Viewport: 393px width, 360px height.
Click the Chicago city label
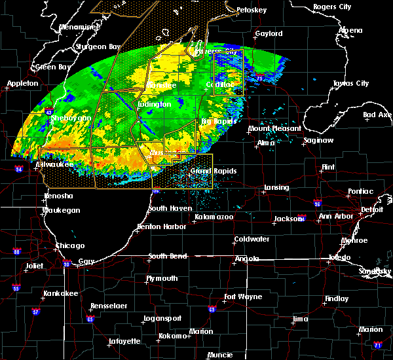(x=70, y=245)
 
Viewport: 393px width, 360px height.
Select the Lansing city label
(x=276, y=188)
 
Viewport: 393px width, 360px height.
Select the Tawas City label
(x=351, y=84)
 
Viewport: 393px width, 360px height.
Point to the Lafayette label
(x=124, y=341)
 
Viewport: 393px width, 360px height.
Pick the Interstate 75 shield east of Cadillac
(x=260, y=77)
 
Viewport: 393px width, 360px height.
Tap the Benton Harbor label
(x=157, y=227)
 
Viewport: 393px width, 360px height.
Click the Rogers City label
(x=333, y=7)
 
